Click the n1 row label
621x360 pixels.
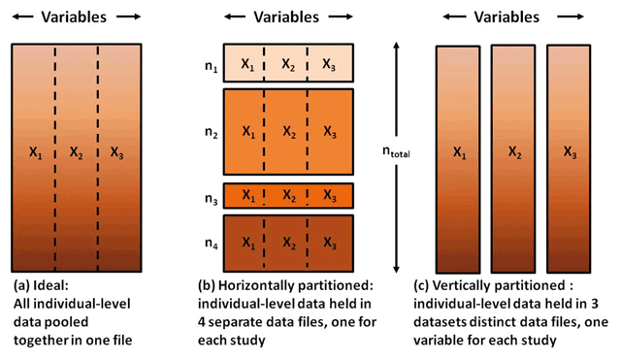click(x=212, y=67)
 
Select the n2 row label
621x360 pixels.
click(x=212, y=133)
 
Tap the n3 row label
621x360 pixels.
click(x=212, y=199)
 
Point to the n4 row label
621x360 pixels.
click(x=212, y=244)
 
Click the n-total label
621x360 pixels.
click(x=396, y=151)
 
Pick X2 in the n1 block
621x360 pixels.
click(x=288, y=65)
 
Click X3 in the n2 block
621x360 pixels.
click(x=330, y=132)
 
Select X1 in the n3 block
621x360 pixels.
click(x=248, y=195)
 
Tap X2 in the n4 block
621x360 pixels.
click(x=289, y=243)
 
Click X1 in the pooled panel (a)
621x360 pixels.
click(x=36, y=152)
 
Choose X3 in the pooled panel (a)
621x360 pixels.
click(x=116, y=152)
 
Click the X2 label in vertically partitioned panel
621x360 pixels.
click(x=515, y=152)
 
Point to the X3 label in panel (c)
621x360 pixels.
click(x=570, y=152)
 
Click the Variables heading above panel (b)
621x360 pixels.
click(x=286, y=17)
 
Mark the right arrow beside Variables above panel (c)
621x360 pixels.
click(x=571, y=16)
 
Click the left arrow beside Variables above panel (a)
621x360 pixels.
click(x=23, y=16)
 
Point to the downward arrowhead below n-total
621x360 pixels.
click(x=396, y=269)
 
